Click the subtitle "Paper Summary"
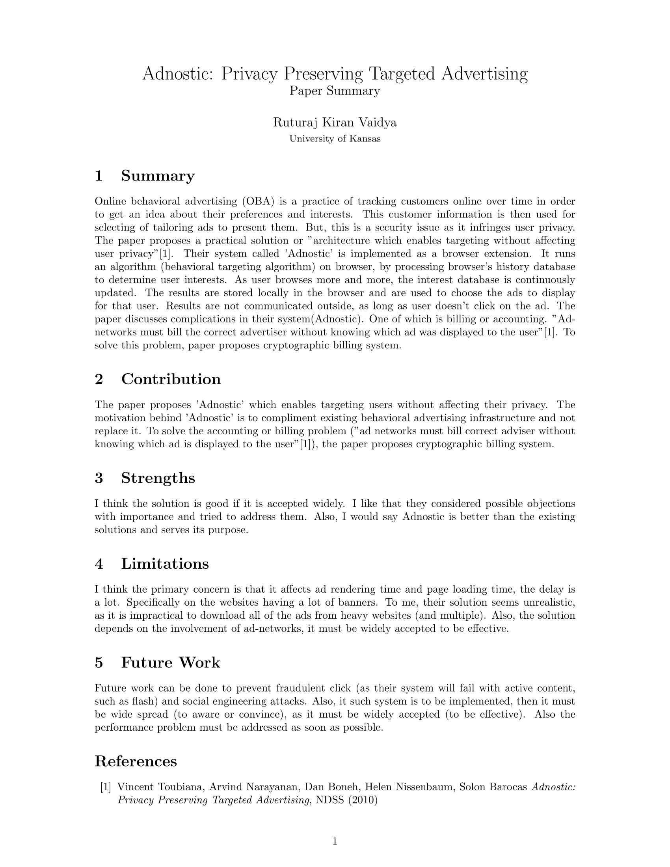335,91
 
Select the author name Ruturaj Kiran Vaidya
335,123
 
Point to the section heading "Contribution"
171,379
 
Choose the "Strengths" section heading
158,478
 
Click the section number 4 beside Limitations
99,564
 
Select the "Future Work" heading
170,662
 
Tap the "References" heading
136,761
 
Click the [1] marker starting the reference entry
106,787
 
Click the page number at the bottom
335,841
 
